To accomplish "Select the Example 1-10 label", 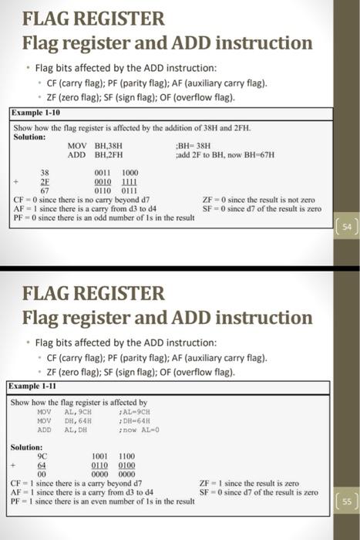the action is coord(37,113).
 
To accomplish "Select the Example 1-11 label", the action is coord(36,386).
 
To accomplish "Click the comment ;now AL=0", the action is coord(220,429).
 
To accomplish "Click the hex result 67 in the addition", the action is coord(45,189).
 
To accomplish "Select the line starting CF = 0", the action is coord(81,199).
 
